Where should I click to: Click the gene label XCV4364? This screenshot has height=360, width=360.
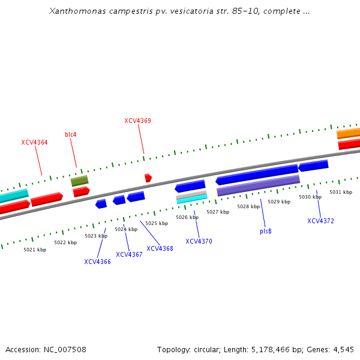pyautogui.click(x=34, y=142)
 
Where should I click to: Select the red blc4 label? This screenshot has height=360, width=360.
pyautogui.click(x=71, y=134)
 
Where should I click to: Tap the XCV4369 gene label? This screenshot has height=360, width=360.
pyautogui.click(x=137, y=121)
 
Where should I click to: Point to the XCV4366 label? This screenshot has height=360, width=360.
pyautogui.click(x=97, y=262)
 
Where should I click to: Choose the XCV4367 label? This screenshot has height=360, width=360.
pyautogui.click(x=129, y=254)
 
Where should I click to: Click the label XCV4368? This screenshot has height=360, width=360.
pyautogui.click(x=160, y=248)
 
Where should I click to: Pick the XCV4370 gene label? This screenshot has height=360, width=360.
pyautogui.click(x=199, y=241)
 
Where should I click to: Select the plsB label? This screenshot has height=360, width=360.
pyautogui.click(x=266, y=231)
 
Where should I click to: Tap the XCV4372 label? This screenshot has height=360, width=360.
pyautogui.click(x=320, y=221)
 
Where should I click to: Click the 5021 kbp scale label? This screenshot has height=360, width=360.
pyautogui.click(x=35, y=250)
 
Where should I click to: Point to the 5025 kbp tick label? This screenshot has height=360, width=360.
pyautogui.click(x=157, y=223)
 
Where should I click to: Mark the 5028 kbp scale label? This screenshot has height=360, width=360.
pyautogui.click(x=248, y=206)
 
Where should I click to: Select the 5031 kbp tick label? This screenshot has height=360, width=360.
pyautogui.click(x=341, y=192)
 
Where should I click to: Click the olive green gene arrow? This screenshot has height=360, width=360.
pyautogui.click(x=79, y=181)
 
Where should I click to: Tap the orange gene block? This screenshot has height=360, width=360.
pyautogui.click(x=349, y=133)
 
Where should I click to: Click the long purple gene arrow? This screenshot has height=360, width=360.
pyautogui.click(x=258, y=185)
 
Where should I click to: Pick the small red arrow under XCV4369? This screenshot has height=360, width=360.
pyautogui.click(x=148, y=178)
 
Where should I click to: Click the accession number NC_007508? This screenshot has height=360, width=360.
pyautogui.click(x=66, y=349)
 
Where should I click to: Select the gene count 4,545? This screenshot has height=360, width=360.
pyautogui.click(x=343, y=349)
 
